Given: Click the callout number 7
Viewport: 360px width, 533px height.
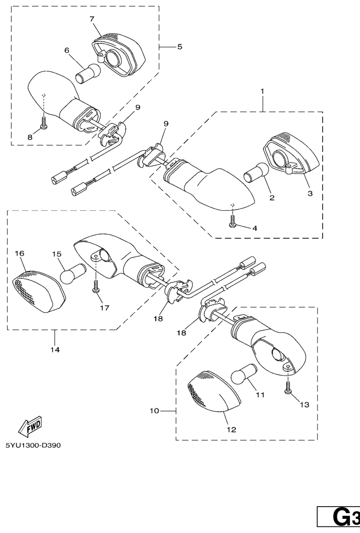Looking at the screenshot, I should (x=92, y=19).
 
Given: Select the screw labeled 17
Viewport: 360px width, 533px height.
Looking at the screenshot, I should (x=96, y=287).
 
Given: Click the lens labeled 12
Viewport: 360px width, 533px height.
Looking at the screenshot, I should (x=214, y=390).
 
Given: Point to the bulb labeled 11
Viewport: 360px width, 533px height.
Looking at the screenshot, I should (x=243, y=375).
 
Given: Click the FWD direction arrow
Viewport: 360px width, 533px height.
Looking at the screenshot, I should (x=30, y=426).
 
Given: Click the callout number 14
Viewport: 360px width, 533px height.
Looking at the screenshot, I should (x=55, y=350).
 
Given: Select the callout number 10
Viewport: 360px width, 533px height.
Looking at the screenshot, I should (x=154, y=411).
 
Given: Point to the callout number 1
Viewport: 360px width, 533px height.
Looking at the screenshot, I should (x=262, y=90).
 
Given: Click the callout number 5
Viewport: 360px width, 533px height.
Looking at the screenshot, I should (x=179, y=47).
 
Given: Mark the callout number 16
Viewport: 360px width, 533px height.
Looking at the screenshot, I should (x=19, y=253).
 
